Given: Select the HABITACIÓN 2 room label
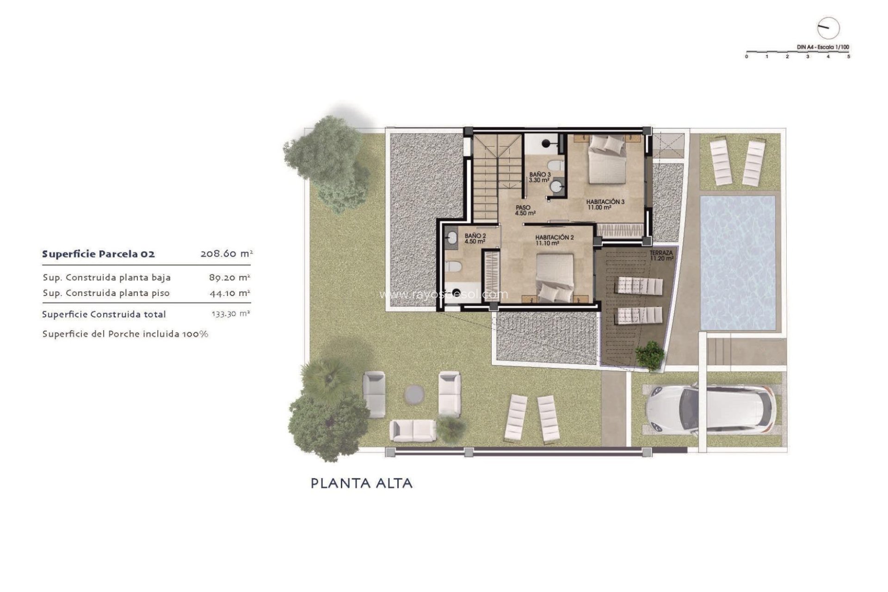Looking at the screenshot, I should click(555, 240).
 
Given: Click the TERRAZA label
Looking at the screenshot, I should click(661, 256).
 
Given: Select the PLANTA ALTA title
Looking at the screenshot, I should click(361, 484).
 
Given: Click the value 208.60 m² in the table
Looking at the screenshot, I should click(227, 254).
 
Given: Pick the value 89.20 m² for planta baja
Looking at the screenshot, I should click(229, 277).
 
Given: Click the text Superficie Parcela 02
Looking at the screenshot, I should click(99, 254).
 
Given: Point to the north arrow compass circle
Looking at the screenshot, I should click(828, 29).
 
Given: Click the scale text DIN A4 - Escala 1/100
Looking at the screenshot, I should click(823, 47).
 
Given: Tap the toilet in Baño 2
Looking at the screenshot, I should click(453, 267).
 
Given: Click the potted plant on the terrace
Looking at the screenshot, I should click(650, 355).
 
